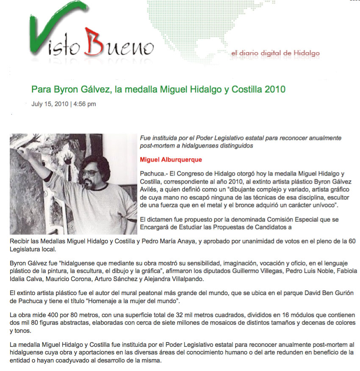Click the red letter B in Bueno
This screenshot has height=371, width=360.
point(94,42)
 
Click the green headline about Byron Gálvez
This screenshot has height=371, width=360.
point(158,89)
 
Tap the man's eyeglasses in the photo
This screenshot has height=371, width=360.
point(89,173)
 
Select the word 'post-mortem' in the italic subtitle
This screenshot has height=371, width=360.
point(156,145)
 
